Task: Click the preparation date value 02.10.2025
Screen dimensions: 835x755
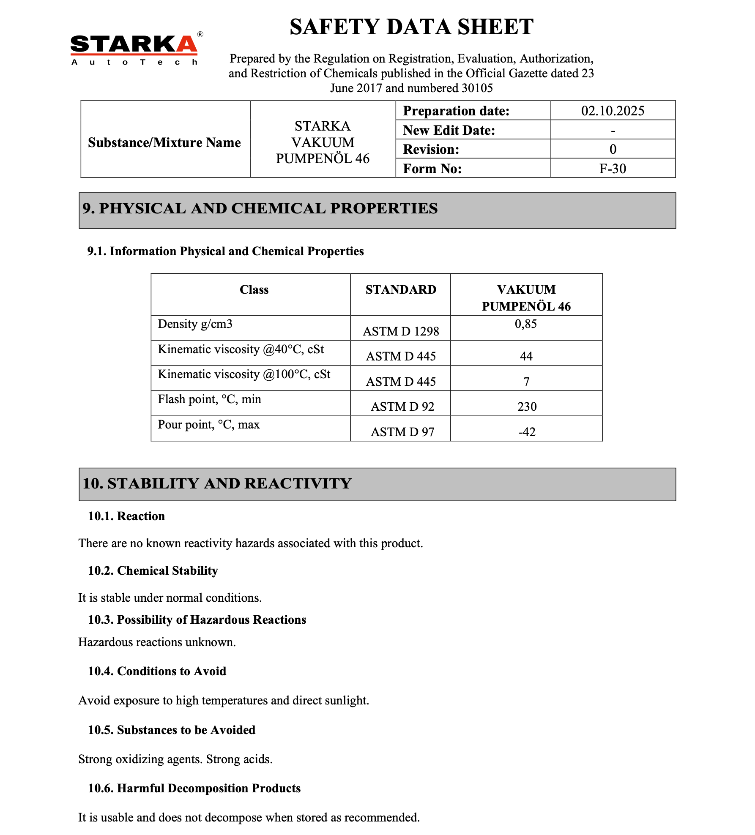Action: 613,111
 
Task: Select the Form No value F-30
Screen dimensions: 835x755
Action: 613,169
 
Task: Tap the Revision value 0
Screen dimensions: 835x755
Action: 613,149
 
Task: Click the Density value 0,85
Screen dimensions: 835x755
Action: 526,324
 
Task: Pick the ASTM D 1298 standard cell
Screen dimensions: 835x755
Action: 401,331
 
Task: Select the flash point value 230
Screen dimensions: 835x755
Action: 527,407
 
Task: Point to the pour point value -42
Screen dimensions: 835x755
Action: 527,432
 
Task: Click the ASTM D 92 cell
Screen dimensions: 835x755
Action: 402,407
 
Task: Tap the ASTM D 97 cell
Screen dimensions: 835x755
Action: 402,432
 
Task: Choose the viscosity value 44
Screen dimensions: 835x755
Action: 526,356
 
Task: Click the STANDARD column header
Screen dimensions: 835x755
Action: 401,289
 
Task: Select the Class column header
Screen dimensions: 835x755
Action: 254,289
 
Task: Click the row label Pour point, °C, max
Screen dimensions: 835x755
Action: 209,424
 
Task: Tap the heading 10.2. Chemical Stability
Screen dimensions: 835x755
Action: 153,570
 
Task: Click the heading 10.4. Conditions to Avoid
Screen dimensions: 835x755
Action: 157,671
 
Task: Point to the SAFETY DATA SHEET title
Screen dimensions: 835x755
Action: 411,27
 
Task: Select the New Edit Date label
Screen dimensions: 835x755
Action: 449,130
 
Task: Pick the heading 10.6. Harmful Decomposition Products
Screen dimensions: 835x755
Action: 194,788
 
